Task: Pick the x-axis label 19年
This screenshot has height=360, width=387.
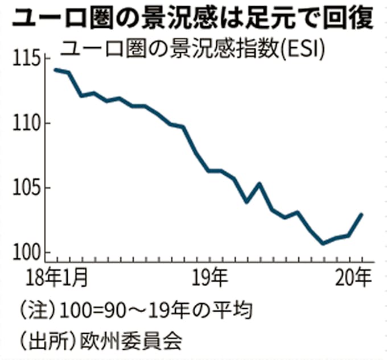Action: pyautogui.click(x=211, y=279)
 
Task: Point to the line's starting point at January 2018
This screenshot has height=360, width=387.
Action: pyautogui.click(x=55, y=69)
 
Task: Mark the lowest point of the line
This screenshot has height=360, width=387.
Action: pyautogui.click(x=324, y=243)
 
